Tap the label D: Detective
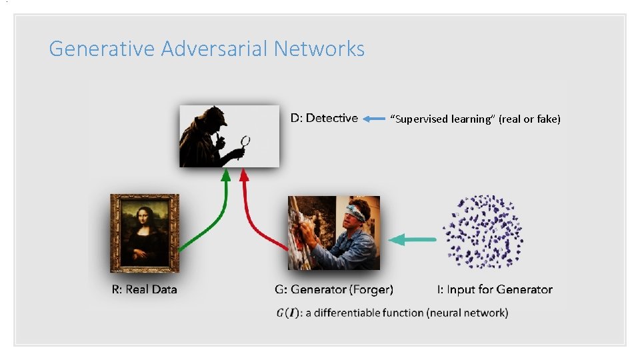point(324,118)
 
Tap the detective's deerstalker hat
point(213,115)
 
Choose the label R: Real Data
point(144,289)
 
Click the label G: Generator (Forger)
point(334,289)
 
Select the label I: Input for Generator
point(495,289)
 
